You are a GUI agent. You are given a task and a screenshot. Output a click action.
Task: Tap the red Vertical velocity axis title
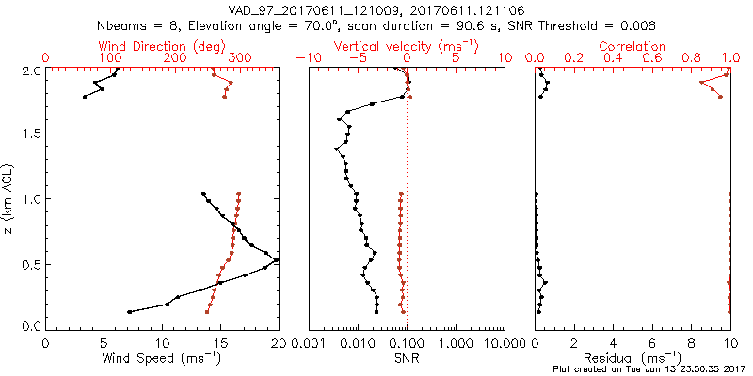406,46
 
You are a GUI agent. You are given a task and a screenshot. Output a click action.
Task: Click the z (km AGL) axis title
10,198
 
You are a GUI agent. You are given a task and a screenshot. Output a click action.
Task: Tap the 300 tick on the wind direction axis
240,58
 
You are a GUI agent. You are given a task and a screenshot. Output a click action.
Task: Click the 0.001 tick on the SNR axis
308,342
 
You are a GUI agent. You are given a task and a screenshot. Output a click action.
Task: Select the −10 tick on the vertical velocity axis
308,58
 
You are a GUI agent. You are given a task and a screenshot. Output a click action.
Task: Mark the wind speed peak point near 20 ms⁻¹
276,259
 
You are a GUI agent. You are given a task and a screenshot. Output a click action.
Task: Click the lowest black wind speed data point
129,311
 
